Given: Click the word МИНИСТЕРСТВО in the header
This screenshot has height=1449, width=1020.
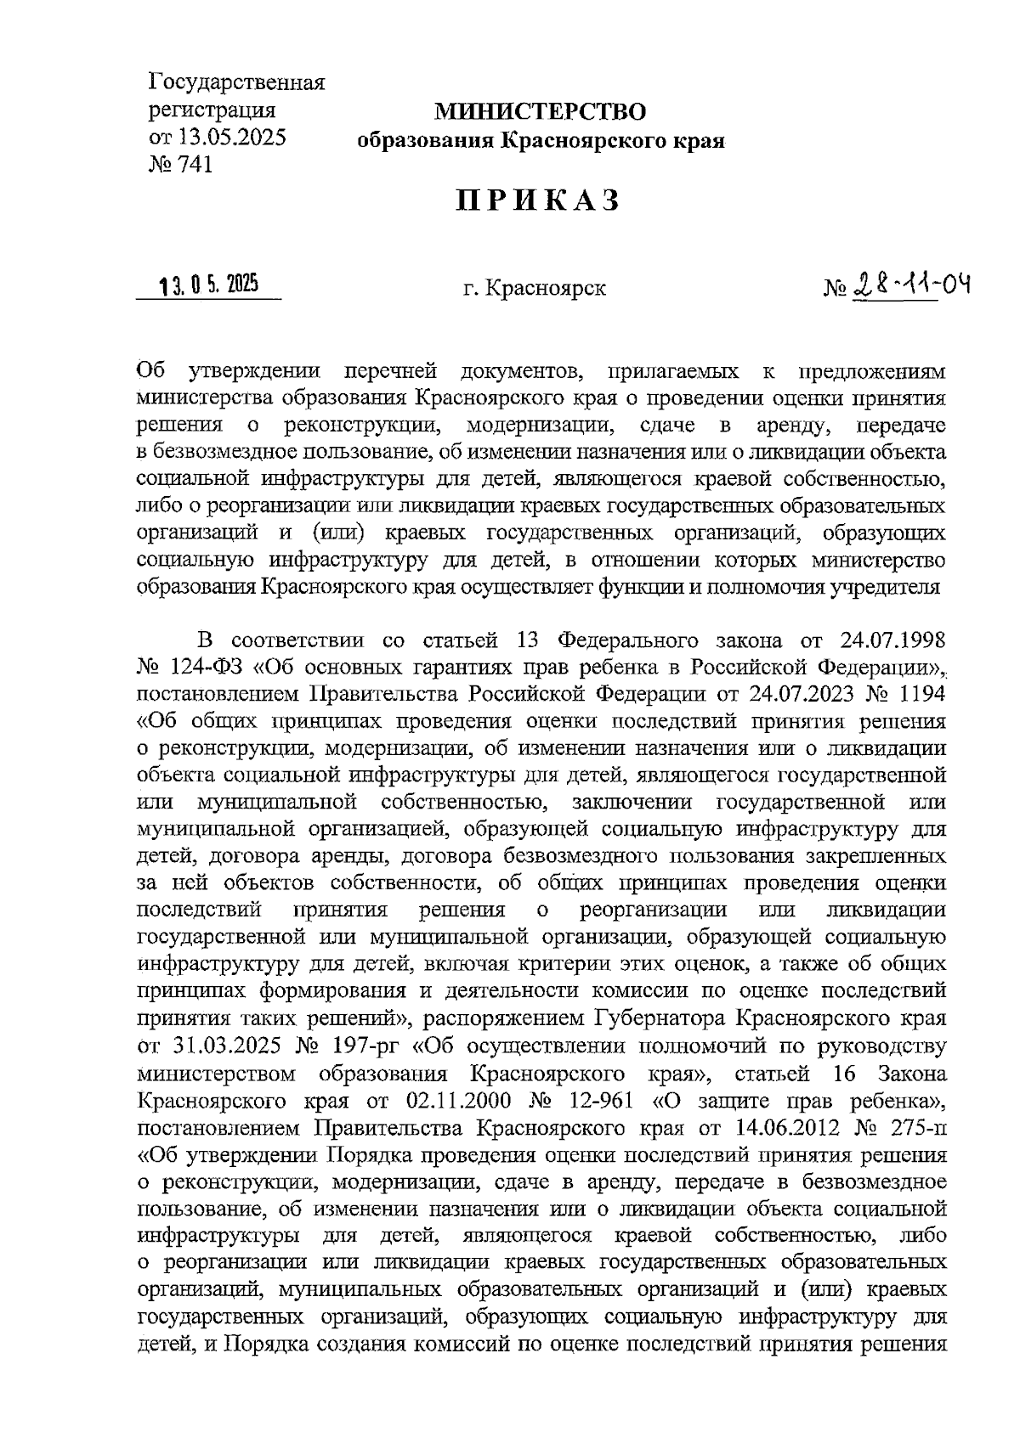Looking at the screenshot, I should pos(541,111).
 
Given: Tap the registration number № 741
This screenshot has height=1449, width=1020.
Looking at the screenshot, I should pos(180,164).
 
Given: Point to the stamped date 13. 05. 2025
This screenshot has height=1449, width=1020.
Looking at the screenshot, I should pos(208,286).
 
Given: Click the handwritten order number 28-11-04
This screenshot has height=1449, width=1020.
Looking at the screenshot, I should pos(909,285).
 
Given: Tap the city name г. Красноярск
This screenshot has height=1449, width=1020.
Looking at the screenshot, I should pos(535,289).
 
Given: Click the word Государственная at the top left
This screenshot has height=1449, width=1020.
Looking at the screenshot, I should pos(238,83).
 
